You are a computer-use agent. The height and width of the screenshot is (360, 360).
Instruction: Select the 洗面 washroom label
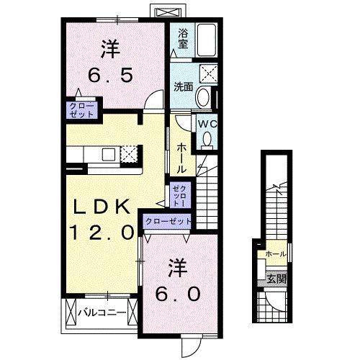click(x=182, y=87)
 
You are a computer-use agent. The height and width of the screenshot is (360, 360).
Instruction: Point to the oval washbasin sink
click(x=203, y=98)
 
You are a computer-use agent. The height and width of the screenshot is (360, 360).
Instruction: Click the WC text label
click(x=206, y=123)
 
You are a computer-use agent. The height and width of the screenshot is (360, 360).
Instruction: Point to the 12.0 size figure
click(x=102, y=232)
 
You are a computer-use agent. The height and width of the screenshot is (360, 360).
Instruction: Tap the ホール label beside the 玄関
click(x=274, y=254)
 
